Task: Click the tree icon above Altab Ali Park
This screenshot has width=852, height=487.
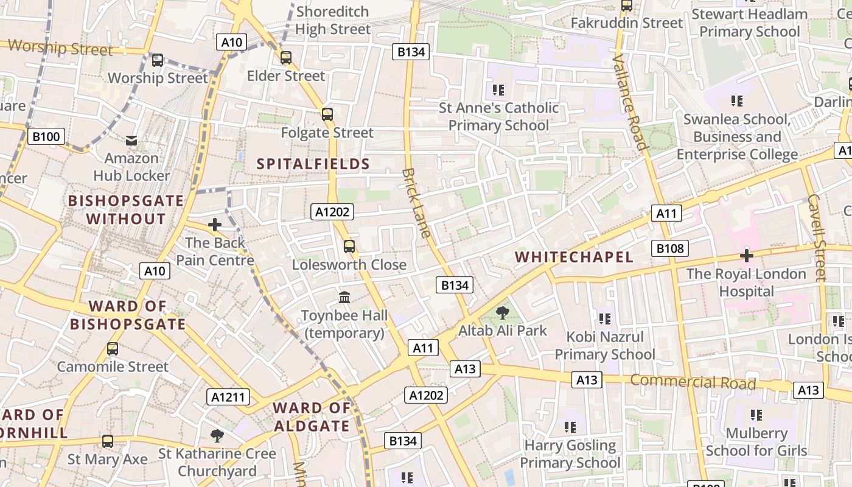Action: coord(502,314)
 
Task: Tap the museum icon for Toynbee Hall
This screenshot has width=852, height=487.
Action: coord(344,298)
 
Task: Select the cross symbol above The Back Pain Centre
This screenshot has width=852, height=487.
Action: coord(214,225)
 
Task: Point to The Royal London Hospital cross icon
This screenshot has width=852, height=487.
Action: coord(747,256)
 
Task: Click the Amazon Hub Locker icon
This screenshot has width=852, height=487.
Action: coord(131,141)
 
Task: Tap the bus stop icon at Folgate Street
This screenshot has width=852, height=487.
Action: coord(327,114)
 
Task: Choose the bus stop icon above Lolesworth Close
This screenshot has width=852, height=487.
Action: coord(349,246)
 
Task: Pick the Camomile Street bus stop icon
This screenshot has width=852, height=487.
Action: coord(113,349)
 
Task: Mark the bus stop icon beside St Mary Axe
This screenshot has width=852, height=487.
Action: coord(108,441)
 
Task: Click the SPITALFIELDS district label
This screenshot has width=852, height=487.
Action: coord(313,164)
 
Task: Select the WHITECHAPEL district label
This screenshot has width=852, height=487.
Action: coord(574,257)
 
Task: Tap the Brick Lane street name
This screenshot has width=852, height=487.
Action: coord(417,202)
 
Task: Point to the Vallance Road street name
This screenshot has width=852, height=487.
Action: coord(629,101)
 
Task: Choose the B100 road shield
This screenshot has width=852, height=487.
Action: coord(46,136)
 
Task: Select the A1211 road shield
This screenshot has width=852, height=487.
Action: coord(228,398)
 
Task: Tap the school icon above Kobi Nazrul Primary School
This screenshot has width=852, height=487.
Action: coord(604,318)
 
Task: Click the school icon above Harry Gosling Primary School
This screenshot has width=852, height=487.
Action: coord(570,427)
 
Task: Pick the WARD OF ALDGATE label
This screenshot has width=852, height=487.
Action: coord(312,417)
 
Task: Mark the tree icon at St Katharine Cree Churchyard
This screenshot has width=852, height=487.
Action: coord(217,435)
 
